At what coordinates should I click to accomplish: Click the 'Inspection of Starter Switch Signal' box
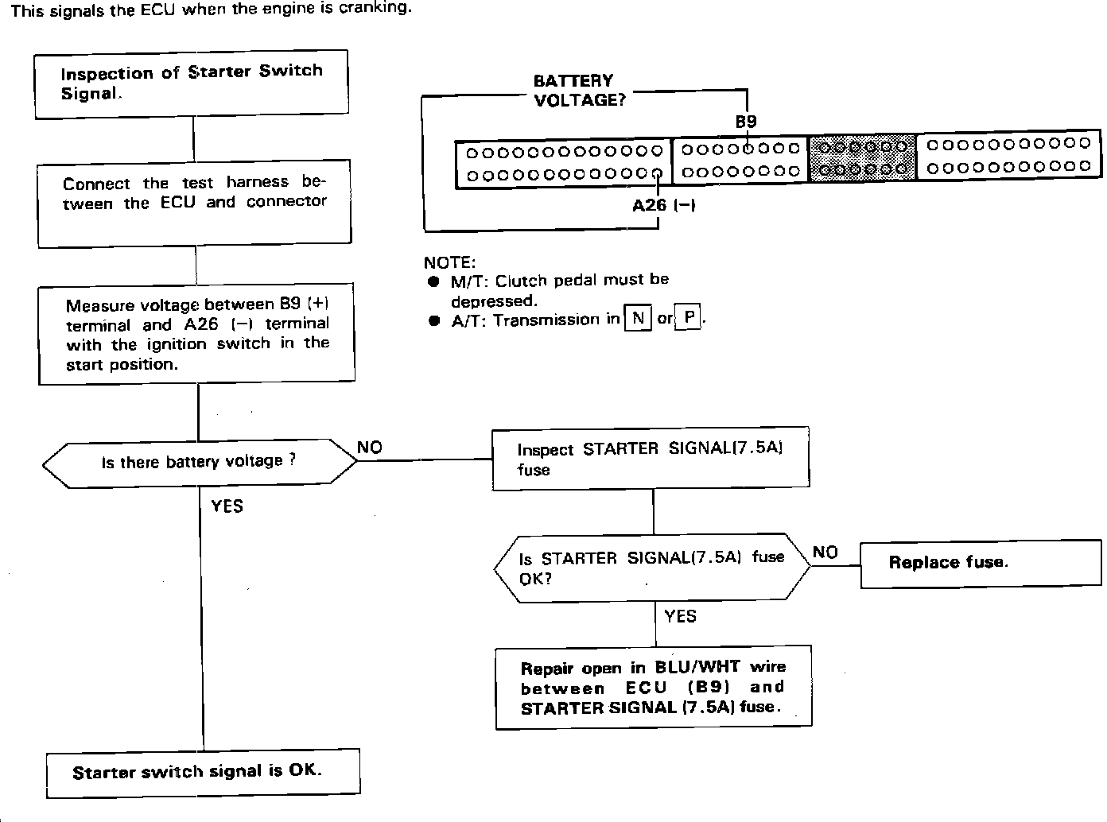(192, 83)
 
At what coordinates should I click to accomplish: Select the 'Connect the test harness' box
(195, 204)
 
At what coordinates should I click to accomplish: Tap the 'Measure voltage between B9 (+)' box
(196, 334)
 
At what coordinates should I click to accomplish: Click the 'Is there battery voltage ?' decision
(199, 462)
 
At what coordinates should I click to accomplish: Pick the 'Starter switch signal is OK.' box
(203, 772)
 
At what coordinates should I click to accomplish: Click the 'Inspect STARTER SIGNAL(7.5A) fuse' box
(651, 458)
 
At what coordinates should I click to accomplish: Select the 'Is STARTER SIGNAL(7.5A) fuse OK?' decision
(652, 567)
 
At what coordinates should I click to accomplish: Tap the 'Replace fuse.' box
(981, 563)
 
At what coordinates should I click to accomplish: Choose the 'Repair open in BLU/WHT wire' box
(654, 687)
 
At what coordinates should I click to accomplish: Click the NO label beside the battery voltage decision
(370, 448)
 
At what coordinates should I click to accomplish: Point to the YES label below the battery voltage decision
(227, 506)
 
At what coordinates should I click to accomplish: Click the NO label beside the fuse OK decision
(825, 553)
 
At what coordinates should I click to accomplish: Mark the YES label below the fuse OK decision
(681, 616)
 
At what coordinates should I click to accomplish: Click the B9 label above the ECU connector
(746, 122)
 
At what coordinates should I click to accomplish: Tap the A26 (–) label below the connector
(664, 205)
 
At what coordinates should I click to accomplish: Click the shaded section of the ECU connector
(862, 157)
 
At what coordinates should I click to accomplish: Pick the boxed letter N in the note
(638, 319)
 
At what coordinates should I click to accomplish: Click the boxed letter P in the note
(689, 319)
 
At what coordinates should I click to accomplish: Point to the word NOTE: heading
(449, 263)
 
